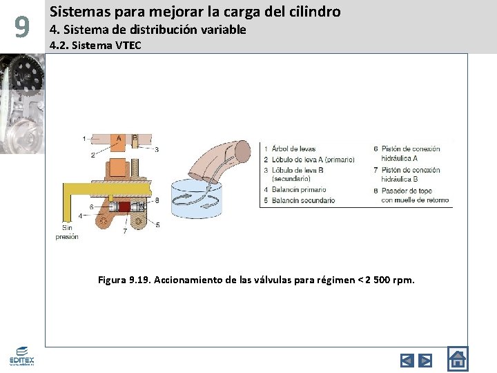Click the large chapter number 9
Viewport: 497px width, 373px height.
[x=22, y=28]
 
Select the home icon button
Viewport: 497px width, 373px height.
[x=457, y=359]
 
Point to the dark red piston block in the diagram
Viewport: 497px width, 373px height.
[x=124, y=207]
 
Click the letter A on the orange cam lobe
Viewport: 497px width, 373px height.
[x=119, y=138]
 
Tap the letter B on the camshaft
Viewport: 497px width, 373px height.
[x=135, y=138]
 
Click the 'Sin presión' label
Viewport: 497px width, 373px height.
[x=67, y=232]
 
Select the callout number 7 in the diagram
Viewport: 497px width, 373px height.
[x=124, y=231]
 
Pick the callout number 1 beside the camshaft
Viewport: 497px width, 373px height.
[x=84, y=139]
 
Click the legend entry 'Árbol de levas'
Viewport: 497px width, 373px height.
[x=293, y=149]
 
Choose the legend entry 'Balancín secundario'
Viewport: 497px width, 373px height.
[x=303, y=200]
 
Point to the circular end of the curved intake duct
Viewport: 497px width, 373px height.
[x=241, y=151]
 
